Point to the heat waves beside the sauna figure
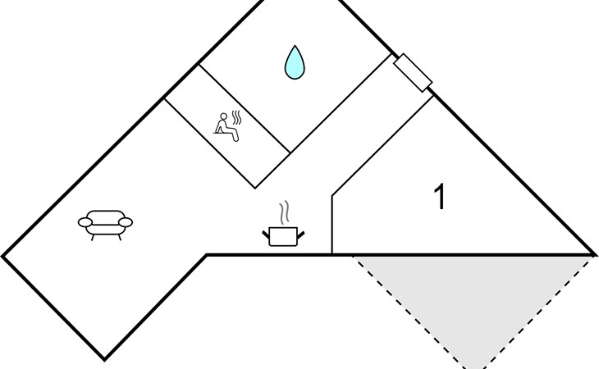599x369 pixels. click(x=237, y=119)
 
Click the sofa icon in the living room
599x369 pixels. click(x=105, y=221)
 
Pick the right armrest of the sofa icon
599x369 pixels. click(x=125, y=221)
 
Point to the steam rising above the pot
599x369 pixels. click(x=284, y=213)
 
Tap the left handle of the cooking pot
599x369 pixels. click(x=267, y=235)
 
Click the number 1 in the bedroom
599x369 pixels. click(x=441, y=198)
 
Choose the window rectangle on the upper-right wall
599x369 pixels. click(x=413, y=72)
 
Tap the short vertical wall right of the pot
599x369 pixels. click(x=332, y=225)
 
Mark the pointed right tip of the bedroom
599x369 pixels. click(x=592, y=253)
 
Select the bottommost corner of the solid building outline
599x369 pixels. click(x=104, y=359)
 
